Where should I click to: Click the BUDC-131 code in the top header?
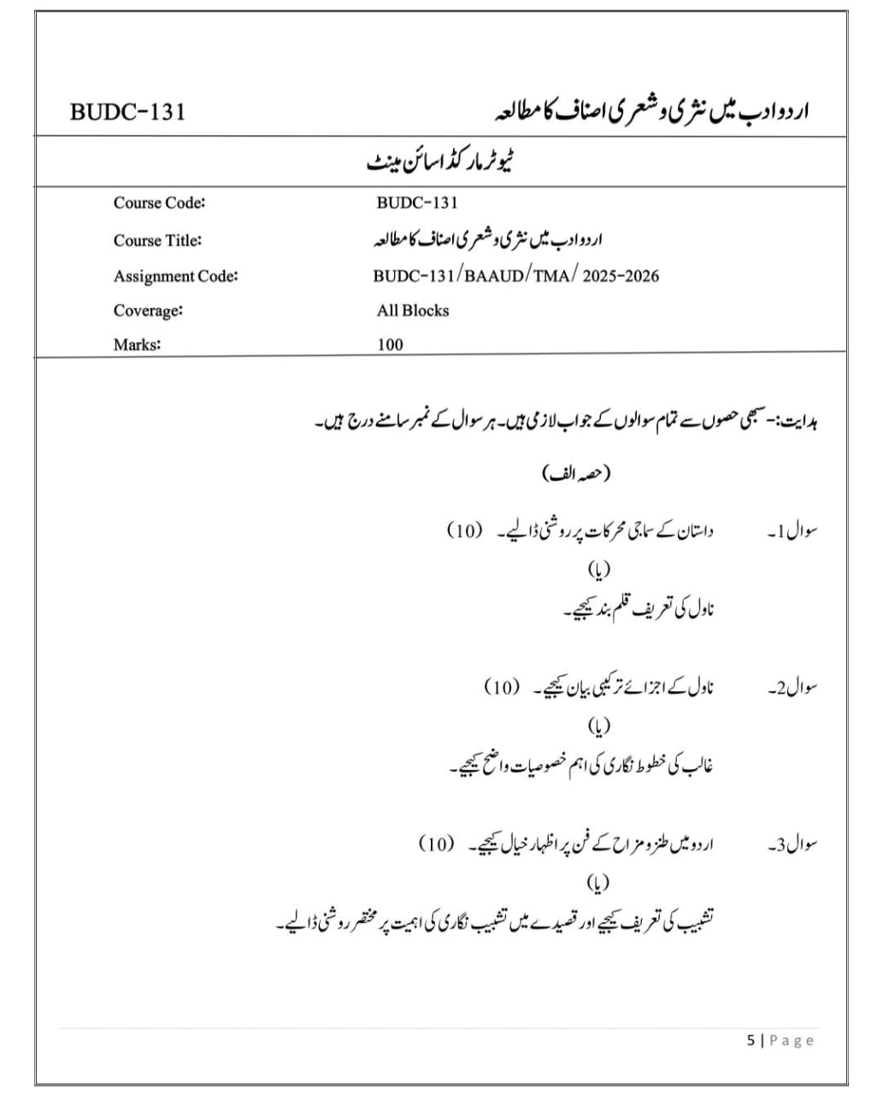(127, 112)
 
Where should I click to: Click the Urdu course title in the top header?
(652, 112)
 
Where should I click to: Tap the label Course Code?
(159, 203)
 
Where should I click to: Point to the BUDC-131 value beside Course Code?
(416, 203)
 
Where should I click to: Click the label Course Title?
(157, 240)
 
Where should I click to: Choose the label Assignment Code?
(175, 275)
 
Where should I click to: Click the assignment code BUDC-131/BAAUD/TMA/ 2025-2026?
(515, 275)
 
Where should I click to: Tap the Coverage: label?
(148, 311)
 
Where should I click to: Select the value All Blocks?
(412, 311)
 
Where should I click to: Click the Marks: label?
(137, 345)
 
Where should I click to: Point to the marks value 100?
(390, 345)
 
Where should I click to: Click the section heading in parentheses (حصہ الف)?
(577, 474)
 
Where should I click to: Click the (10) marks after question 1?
(465, 530)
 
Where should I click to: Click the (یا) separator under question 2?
(598, 726)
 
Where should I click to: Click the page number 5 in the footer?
(751, 1040)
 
